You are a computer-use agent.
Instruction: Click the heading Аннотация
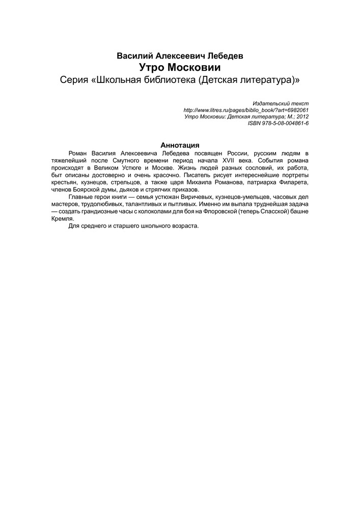[179, 145]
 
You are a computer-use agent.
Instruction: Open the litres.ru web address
[245, 109]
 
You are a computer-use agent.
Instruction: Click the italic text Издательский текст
[281, 103]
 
